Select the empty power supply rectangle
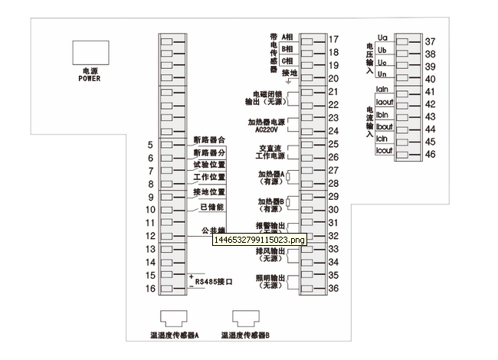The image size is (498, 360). point(90,52)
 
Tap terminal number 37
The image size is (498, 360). point(430,41)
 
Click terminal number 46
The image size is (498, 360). point(430,154)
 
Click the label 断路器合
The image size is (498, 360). point(209,141)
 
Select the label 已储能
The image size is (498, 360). point(211,207)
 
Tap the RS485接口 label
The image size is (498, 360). point(214,283)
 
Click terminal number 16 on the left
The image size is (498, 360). point(150,289)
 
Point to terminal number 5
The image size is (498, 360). point(150,145)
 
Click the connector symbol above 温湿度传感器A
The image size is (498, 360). point(175,318)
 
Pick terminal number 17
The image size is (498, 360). point(333,39)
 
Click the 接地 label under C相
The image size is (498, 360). point(289,73)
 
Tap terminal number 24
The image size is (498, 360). point(333,131)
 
